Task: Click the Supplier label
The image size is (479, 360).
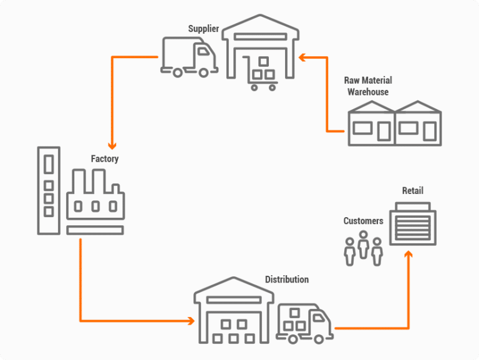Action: tap(203, 29)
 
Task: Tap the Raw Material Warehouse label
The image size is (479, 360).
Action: tap(368, 86)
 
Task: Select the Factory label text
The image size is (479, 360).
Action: tap(104, 159)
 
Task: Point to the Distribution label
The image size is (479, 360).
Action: tap(286, 279)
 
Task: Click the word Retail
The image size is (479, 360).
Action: tap(412, 190)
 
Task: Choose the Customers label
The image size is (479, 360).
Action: tap(363, 221)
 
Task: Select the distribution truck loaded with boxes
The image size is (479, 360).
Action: tap(304, 323)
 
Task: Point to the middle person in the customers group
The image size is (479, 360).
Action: tap(363, 246)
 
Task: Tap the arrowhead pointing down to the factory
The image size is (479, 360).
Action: tap(112, 142)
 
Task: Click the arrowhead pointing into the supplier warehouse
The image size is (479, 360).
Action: tap(302, 57)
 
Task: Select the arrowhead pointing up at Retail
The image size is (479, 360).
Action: tap(409, 255)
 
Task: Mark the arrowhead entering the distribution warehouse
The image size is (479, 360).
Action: tap(190, 321)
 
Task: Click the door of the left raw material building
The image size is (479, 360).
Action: tap(384, 130)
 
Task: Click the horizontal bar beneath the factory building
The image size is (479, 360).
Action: tap(95, 230)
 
